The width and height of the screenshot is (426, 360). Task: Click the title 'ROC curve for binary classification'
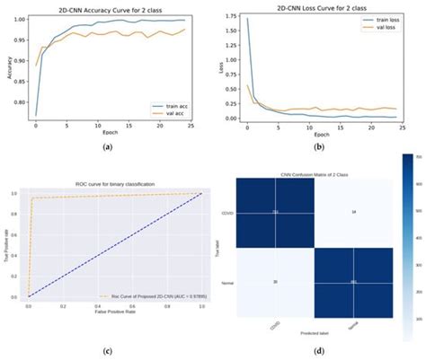(x=116, y=184)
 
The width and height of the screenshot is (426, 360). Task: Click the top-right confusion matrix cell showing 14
(x=353, y=212)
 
